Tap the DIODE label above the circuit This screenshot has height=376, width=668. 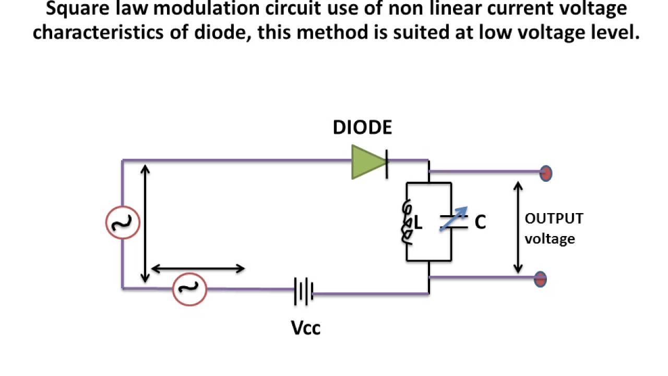362,128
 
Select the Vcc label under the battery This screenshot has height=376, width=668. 305,328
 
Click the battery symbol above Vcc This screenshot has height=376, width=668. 304,291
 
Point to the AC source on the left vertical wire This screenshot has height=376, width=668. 123,222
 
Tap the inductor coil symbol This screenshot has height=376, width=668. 407,222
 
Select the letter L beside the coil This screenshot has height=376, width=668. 417,224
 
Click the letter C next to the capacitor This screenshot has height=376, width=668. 480,222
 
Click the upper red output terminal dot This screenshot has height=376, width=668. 545,173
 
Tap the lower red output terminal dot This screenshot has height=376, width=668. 540,279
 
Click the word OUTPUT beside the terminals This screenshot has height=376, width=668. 554,218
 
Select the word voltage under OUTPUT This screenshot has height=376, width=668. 550,239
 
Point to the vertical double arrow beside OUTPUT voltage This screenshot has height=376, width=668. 518,228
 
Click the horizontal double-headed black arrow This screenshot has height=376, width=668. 198,269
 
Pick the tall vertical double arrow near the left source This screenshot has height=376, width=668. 146,223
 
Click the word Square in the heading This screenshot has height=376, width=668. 77,8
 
